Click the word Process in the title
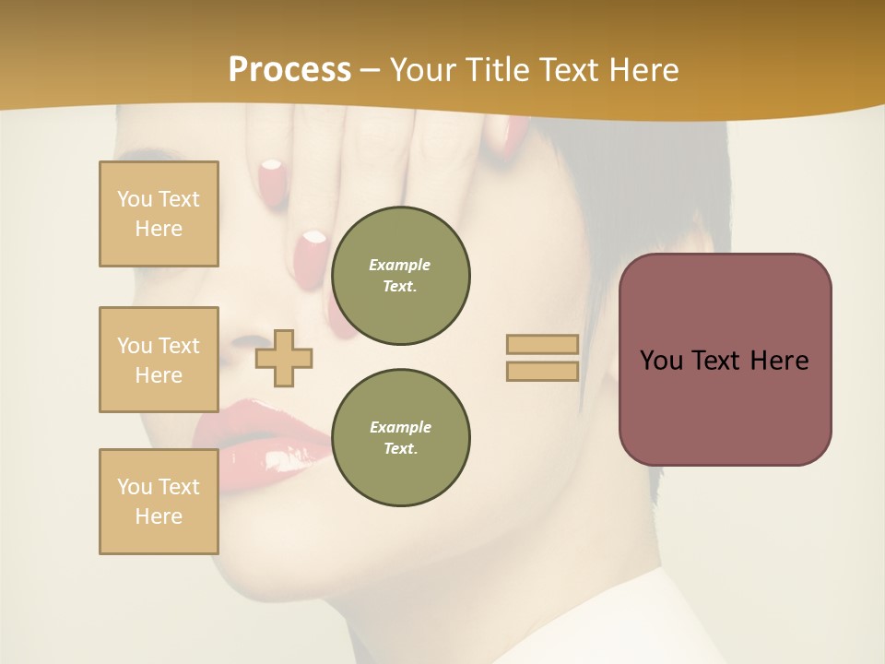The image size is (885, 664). (289, 70)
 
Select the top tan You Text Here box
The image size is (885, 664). (159, 214)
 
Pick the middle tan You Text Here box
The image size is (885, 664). (159, 360)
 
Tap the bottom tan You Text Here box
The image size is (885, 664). (159, 502)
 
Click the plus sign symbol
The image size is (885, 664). (284, 358)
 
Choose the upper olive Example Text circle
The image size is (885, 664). (400, 275)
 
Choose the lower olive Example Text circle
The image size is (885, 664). (400, 437)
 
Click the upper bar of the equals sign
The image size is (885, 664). (542, 345)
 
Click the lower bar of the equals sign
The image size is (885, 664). (542, 372)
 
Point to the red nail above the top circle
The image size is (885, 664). (311, 253)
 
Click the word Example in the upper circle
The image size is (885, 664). (400, 265)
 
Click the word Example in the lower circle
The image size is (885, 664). (400, 427)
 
